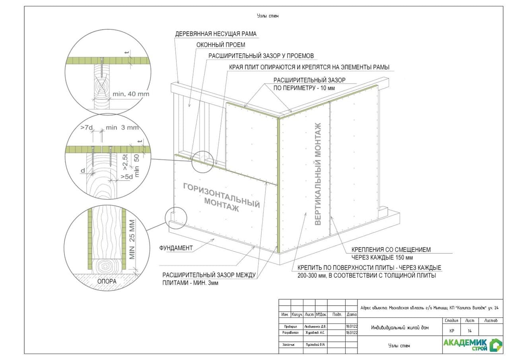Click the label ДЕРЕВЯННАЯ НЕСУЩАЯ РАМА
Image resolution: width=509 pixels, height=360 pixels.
pos(216,34)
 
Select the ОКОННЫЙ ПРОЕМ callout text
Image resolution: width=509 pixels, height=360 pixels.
pos(221,45)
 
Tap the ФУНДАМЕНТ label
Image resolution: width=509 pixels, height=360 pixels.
pos(176,248)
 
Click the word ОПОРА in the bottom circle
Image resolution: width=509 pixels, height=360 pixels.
pos(107,281)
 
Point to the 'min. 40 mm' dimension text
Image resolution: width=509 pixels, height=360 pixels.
pos(131,94)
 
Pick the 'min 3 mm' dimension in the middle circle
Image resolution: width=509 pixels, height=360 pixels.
pos(122,128)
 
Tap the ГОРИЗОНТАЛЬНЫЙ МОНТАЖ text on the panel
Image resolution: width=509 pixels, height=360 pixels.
pos(221,197)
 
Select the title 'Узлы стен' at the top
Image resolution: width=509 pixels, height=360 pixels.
pos(268,16)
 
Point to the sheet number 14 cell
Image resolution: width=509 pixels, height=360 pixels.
pos(470,331)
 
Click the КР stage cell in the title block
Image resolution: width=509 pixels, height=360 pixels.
pos(452,331)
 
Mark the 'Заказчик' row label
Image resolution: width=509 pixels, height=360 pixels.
pos(289,345)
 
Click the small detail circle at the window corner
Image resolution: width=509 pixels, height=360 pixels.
pos(202,161)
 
